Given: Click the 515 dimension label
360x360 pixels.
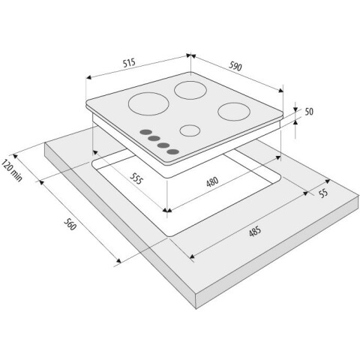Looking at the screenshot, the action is (x=129, y=62).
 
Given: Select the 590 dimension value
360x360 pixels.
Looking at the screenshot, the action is (x=235, y=66).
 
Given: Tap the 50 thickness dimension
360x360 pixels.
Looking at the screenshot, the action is (x=309, y=112).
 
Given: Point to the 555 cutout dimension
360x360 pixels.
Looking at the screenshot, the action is (x=136, y=178).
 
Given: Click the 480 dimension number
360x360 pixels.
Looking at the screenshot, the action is (x=212, y=181).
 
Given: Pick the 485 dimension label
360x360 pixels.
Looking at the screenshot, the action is (x=255, y=231).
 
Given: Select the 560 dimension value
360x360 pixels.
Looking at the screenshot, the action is (x=70, y=224).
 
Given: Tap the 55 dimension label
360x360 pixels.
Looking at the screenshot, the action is (x=323, y=193).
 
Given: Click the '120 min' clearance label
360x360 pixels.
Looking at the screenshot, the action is (x=12, y=170).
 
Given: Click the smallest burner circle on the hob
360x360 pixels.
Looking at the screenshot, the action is (x=190, y=130).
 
